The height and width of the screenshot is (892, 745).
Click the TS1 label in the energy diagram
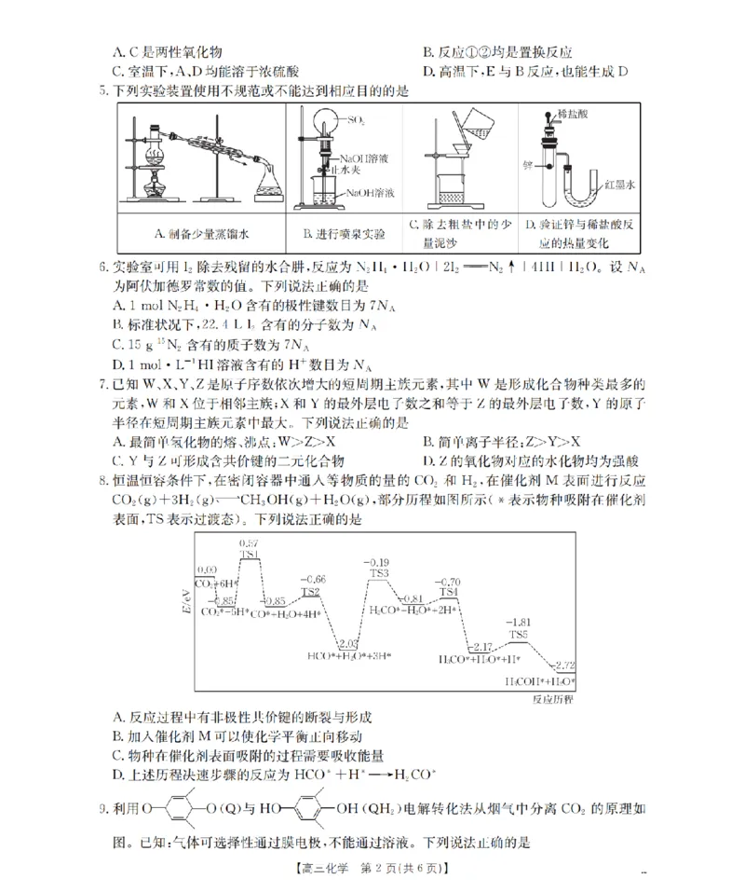coord(249,555)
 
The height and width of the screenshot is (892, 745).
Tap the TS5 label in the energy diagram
coord(518,634)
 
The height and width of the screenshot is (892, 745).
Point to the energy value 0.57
coord(249,542)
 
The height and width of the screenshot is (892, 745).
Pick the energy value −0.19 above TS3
coord(378,562)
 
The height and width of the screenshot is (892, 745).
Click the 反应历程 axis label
coord(553,696)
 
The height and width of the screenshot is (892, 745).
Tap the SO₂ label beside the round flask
coord(355,120)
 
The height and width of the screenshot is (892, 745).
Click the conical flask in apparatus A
coord(271,186)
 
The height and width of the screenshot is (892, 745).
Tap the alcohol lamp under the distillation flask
coord(156,186)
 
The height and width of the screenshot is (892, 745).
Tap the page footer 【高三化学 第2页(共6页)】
coord(372,869)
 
